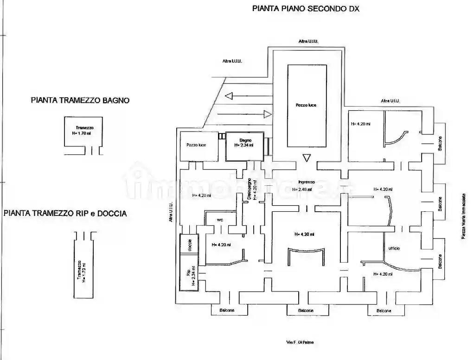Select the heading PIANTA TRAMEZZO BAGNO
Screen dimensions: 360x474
tap(80, 100)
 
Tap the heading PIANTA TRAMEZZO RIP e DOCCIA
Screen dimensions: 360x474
tap(65, 214)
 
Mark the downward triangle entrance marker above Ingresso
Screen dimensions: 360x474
tap(306, 158)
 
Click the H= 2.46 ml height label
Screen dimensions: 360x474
tap(302, 189)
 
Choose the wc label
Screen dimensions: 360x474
tap(220, 220)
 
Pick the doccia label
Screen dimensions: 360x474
tap(189, 245)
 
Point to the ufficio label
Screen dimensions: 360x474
tap(394, 248)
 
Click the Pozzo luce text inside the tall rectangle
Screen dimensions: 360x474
tap(306, 105)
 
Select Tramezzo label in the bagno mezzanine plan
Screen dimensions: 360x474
tap(85, 127)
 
